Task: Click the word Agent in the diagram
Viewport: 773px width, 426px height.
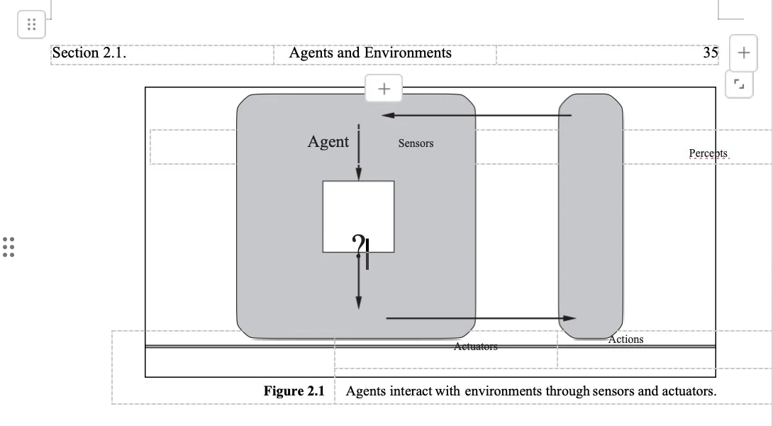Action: (328, 141)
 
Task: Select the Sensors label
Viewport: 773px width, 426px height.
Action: (416, 143)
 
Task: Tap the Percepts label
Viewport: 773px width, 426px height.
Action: (708, 153)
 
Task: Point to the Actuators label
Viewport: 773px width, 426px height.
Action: (476, 346)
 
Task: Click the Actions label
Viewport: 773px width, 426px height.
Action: (626, 339)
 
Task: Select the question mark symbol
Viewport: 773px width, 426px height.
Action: (359, 245)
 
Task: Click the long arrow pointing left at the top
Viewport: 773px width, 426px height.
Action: (475, 115)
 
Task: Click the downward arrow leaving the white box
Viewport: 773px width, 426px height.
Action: (359, 284)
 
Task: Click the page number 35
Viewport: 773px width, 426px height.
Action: (711, 53)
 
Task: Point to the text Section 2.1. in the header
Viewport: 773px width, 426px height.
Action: (89, 53)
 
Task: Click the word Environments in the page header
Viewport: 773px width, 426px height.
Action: (408, 53)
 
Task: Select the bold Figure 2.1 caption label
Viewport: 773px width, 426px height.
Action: (294, 391)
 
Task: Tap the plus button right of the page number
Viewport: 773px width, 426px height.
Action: (743, 53)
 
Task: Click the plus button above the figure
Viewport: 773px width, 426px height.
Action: (384, 89)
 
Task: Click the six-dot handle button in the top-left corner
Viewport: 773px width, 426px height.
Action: (31, 25)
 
